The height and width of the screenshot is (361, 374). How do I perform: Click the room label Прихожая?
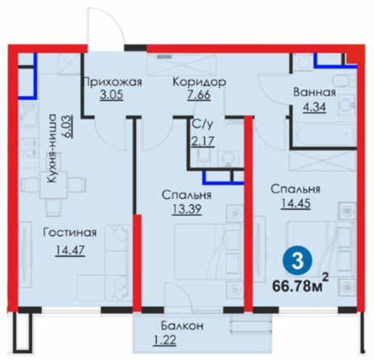pyautogui.click(x=113, y=82)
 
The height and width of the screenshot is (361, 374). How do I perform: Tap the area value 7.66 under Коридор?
pyautogui.click(x=199, y=95)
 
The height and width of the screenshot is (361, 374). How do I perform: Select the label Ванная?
pyautogui.click(x=315, y=92)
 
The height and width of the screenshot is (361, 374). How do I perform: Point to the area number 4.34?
pyautogui.click(x=314, y=107)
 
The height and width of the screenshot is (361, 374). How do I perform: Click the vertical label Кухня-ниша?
pyautogui.click(x=51, y=148)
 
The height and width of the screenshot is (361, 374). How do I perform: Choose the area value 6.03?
pyautogui.click(x=69, y=127)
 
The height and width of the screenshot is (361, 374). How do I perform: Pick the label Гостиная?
pyautogui.click(x=70, y=232)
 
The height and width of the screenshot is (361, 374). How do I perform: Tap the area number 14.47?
pyautogui.click(x=70, y=250)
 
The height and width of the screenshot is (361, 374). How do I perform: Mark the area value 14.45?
pyautogui.click(x=296, y=203)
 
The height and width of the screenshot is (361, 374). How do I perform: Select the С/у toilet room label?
pyautogui.click(x=202, y=125)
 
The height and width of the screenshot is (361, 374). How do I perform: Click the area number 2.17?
pyautogui.click(x=203, y=141)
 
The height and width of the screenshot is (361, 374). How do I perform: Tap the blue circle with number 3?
pyautogui.click(x=297, y=261)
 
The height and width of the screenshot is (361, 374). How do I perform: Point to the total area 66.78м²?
pyautogui.click(x=300, y=284)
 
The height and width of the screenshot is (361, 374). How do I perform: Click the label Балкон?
pyautogui.click(x=182, y=326)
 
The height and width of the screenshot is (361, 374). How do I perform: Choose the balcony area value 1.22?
pyautogui.click(x=165, y=339)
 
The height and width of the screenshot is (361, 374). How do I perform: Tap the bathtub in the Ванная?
pyautogui.click(x=324, y=134)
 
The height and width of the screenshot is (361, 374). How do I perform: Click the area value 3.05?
pyautogui.click(x=112, y=95)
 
